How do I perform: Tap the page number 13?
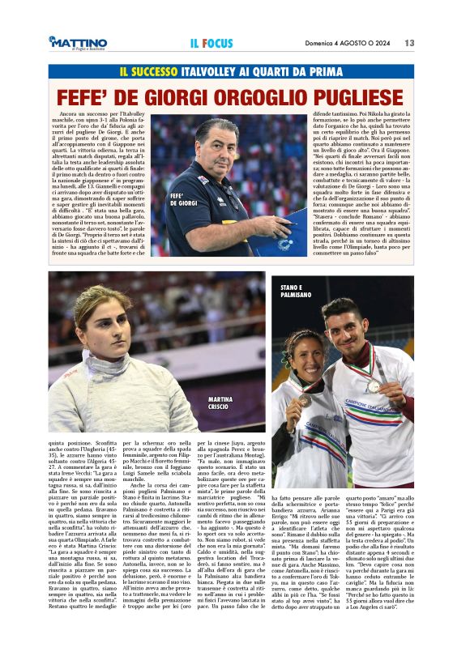[x=410, y=43]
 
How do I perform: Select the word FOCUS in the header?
[x=219, y=43]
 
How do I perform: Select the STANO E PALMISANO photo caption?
[x=297, y=292]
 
